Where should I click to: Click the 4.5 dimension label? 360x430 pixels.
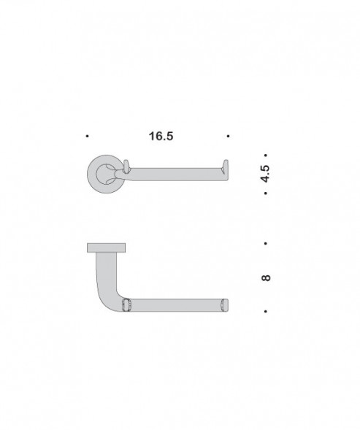266,174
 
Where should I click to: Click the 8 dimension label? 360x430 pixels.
266,277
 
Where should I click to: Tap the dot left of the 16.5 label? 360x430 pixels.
87,136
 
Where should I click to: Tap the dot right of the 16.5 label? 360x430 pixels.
229,136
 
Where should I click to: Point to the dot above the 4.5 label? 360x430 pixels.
266,156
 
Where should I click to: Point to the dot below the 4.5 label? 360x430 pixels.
266,193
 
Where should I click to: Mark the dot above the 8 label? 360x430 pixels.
266,242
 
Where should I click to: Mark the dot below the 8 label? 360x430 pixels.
266,312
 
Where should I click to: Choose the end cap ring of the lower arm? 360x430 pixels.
225,304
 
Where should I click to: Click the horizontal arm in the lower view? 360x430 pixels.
175,304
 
